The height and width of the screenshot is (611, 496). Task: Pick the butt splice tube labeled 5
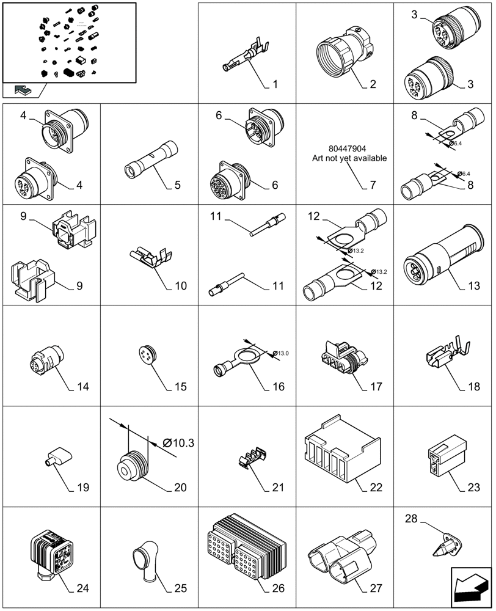(x=150, y=161)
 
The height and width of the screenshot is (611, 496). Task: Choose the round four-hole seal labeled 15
(x=147, y=356)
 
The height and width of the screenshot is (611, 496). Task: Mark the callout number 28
(x=411, y=519)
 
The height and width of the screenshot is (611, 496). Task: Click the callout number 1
(x=275, y=84)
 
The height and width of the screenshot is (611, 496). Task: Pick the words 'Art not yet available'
(x=348, y=159)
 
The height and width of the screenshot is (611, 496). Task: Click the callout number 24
(x=82, y=588)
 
